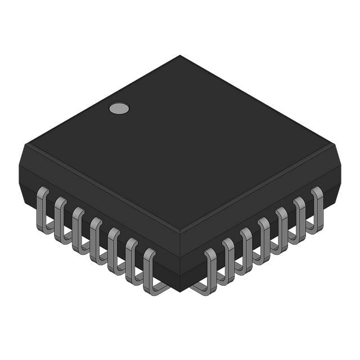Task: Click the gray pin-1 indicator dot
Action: [x=119, y=109]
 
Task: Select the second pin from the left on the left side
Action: [x=60, y=219]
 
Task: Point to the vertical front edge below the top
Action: [x=180, y=259]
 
